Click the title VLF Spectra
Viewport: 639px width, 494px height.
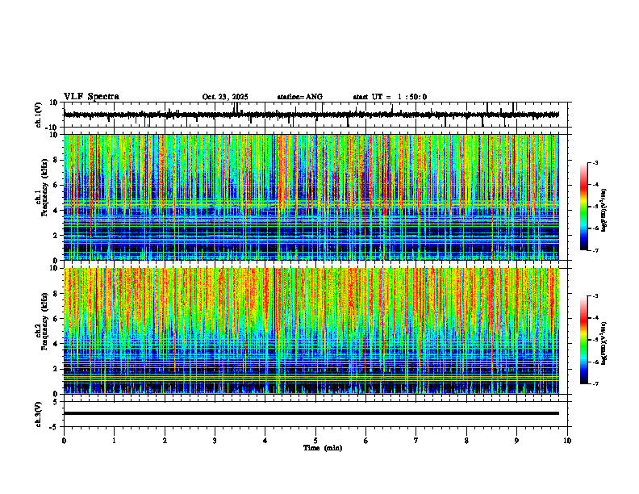91,97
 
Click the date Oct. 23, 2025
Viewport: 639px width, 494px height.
225,97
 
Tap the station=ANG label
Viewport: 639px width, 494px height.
299,97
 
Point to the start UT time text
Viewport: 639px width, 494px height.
390,97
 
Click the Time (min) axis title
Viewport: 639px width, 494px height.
322,448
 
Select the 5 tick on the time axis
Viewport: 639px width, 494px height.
315,441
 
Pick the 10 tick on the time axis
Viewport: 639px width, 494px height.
567,441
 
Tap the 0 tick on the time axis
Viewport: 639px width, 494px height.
64,441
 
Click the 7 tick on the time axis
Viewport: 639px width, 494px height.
416,441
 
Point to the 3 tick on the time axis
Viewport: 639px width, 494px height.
215,441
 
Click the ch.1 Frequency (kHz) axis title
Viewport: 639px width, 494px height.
40,196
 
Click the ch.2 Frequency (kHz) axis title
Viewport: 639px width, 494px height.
40,329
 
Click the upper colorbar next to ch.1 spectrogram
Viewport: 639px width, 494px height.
591,207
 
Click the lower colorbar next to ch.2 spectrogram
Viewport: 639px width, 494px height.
591,340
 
